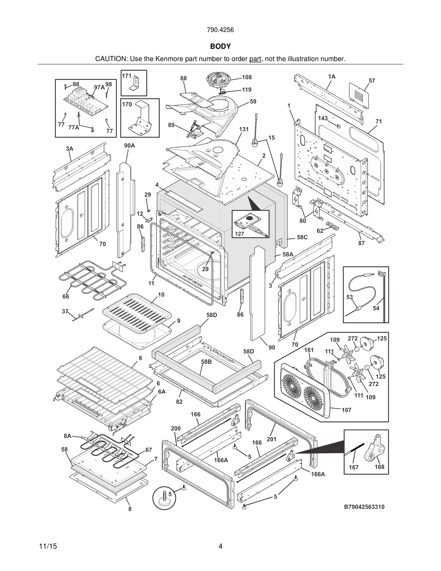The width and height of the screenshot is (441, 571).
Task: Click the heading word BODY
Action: pyautogui.click(x=220, y=46)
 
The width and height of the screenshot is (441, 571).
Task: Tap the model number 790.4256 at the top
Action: pyautogui.click(x=220, y=30)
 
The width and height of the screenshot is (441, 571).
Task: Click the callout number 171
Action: pyautogui.click(x=127, y=76)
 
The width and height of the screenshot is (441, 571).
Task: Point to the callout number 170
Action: pyautogui.click(x=127, y=104)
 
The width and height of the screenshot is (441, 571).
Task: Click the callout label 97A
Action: pyautogui.click(x=99, y=87)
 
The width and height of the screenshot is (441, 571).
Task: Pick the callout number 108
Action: pyautogui.click(x=247, y=77)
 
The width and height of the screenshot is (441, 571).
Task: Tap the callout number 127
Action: pyautogui.click(x=239, y=234)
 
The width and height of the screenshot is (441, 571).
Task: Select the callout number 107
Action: pyautogui.click(x=346, y=410)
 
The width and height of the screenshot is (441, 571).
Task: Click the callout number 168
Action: pyautogui.click(x=379, y=467)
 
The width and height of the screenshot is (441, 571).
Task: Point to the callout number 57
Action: pyautogui.click(x=372, y=81)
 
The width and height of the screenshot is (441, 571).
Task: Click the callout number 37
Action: pyautogui.click(x=65, y=311)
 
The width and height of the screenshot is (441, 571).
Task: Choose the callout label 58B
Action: pyautogui.click(x=206, y=362)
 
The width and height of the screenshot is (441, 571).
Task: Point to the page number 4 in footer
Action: pyautogui.click(x=220, y=546)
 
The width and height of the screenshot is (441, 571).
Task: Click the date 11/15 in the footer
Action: pyautogui.click(x=48, y=546)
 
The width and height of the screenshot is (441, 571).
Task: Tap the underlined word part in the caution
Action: pyautogui.click(x=255, y=59)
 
